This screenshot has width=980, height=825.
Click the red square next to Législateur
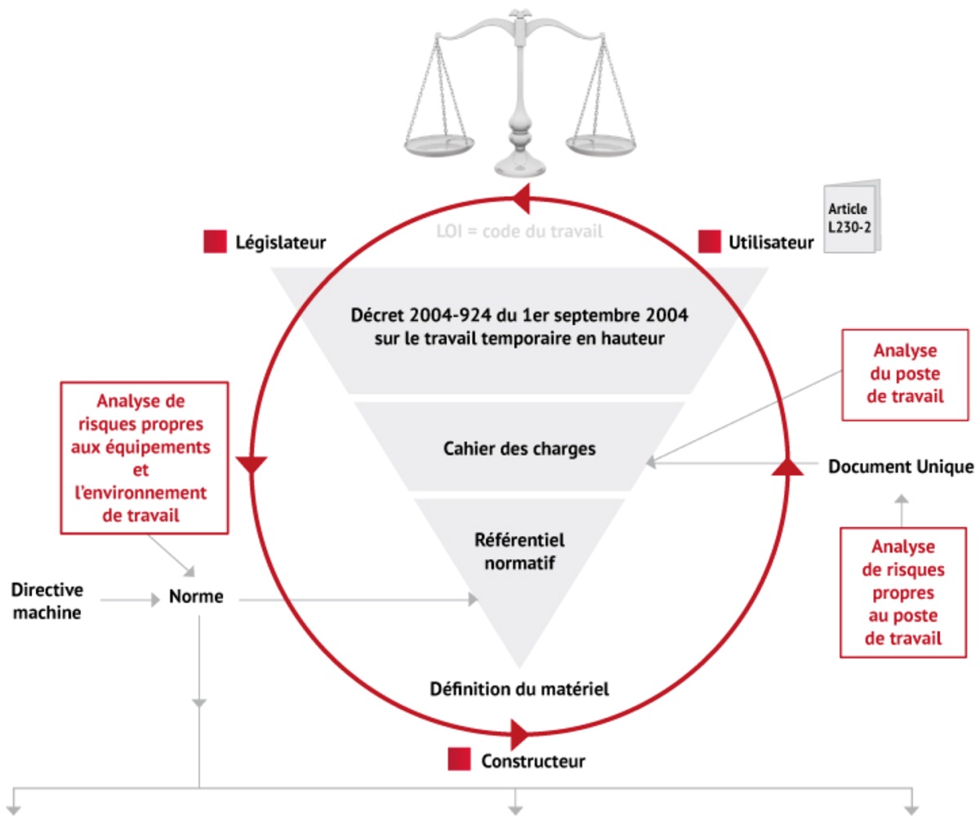click(215, 242)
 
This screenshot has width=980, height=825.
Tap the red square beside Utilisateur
click(710, 242)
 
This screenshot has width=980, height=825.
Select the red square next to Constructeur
click(459, 760)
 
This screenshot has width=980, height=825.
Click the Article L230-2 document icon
click(851, 217)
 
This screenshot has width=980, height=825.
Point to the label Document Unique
click(901, 466)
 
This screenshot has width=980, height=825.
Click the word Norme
click(196, 596)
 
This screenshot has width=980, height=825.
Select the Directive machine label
click(47, 601)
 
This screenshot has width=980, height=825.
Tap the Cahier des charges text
click(519, 448)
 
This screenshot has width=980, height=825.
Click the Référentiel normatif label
click(519, 551)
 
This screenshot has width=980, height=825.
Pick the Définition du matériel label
click(519, 689)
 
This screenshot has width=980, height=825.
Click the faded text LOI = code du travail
click(519, 231)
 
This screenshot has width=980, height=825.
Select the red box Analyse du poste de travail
click(905, 374)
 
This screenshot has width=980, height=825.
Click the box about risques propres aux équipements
click(144, 457)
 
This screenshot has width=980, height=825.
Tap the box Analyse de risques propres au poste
click(903, 592)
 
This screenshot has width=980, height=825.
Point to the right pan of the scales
click(603, 146)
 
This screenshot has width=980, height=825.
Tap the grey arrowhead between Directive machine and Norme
click(154, 600)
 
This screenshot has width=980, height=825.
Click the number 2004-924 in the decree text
click(450, 315)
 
